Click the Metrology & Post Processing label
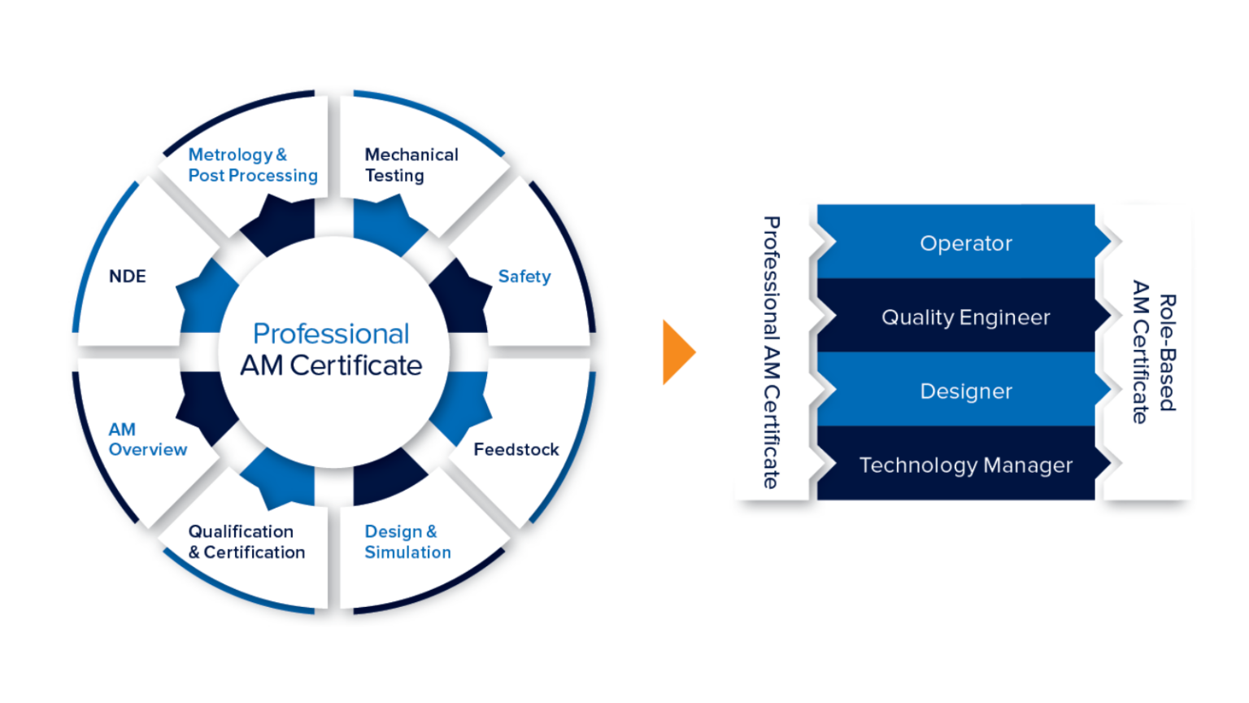click(x=252, y=165)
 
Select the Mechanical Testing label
click(x=411, y=165)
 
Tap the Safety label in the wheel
click(x=524, y=277)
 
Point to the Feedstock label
click(x=516, y=449)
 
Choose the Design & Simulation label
click(x=407, y=542)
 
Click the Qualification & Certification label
click(x=246, y=542)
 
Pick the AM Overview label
click(x=147, y=439)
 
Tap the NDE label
click(x=128, y=277)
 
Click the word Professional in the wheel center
click(x=331, y=334)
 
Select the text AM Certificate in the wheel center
click(x=331, y=366)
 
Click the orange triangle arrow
click(x=677, y=352)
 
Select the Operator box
click(x=965, y=243)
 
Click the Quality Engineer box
click(x=965, y=317)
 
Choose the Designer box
click(x=965, y=391)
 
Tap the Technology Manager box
click(x=965, y=465)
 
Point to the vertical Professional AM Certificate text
click(x=772, y=352)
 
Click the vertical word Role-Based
click(x=1167, y=352)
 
